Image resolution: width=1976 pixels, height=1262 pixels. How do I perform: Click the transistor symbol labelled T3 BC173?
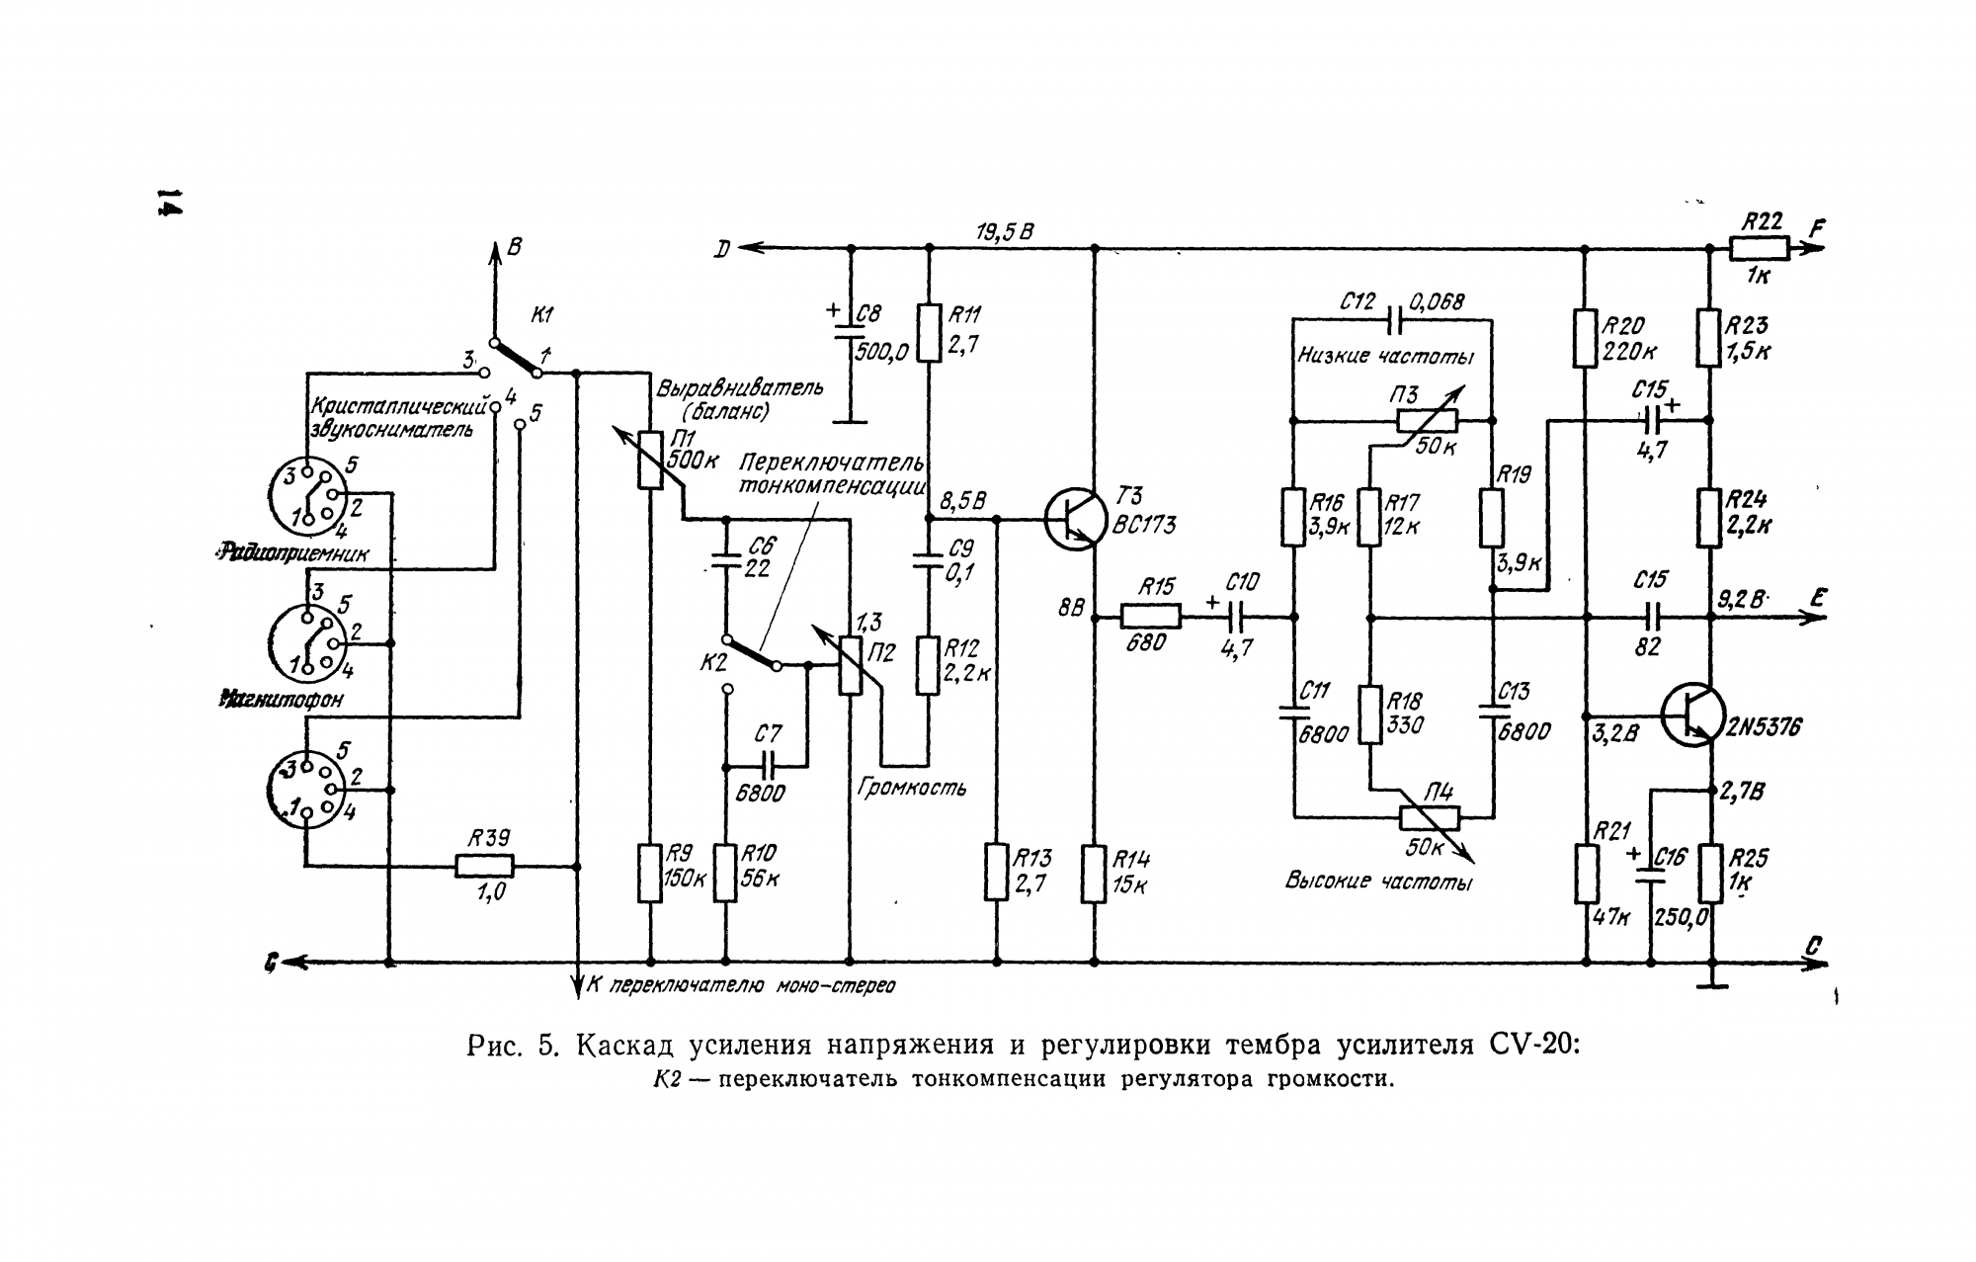click(x=1075, y=519)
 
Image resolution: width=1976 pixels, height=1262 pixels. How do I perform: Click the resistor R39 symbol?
click(x=484, y=867)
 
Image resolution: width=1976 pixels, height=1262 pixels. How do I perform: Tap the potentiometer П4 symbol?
click(x=1430, y=817)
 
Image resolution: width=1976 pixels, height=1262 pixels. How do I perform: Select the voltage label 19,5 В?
click(x=1004, y=233)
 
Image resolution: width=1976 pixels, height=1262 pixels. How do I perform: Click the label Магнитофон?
click(x=283, y=700)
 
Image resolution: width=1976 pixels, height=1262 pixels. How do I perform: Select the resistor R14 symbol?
click(x=1093, y=873)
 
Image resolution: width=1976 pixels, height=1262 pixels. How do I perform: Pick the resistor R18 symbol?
click(x=1369, y=715)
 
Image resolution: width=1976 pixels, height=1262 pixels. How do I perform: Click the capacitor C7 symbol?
click(x=767, y=763)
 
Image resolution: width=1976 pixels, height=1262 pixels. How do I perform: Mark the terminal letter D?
click(x=723, y=249)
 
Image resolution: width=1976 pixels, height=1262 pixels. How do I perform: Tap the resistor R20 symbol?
click(x=1585, y=338)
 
